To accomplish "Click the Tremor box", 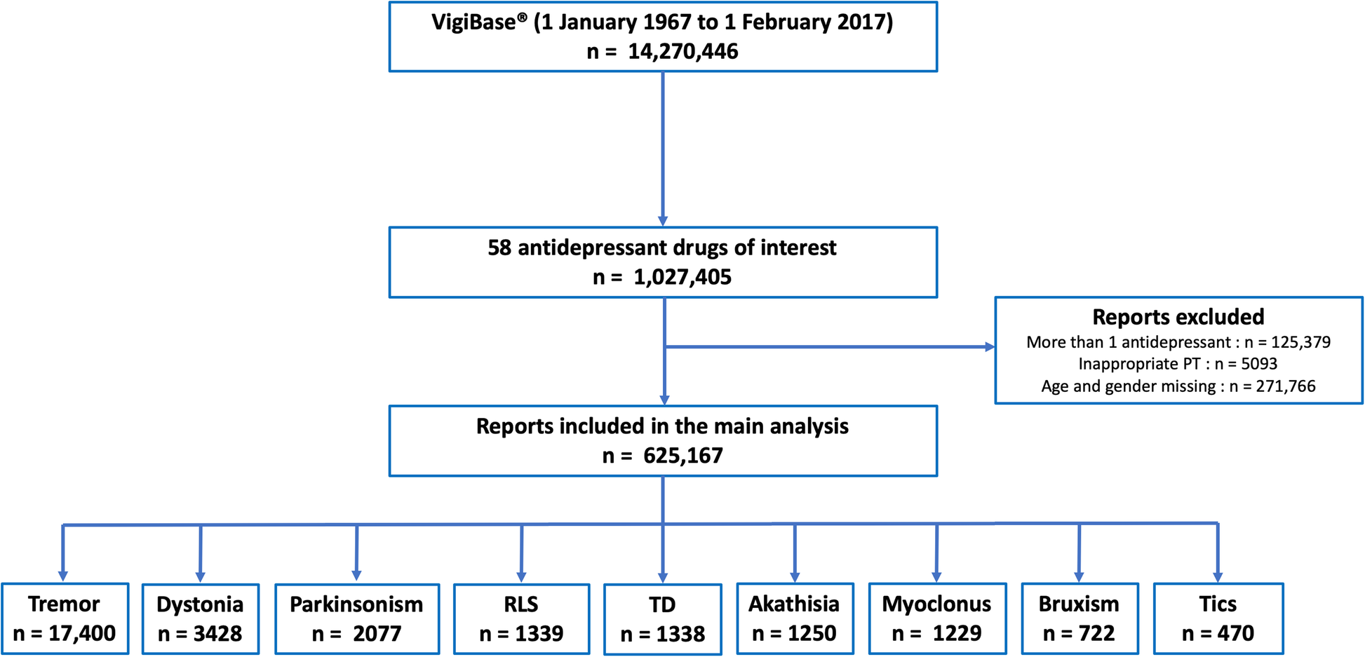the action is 65,618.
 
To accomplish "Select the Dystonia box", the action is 201,618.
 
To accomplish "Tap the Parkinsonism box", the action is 357,618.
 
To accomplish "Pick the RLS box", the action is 521,618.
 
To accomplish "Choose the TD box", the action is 663,619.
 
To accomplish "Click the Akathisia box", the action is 795,618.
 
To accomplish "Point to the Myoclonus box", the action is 937,618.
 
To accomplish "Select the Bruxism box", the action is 1080,618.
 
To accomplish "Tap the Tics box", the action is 1218,618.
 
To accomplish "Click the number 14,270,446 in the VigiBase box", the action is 682,52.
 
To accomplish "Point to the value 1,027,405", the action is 682,278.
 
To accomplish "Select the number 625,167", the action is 682,456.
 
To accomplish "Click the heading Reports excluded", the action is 1178,317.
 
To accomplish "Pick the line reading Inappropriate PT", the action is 1178,364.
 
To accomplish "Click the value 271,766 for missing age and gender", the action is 1286,386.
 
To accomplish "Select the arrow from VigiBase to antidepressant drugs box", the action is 663,149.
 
